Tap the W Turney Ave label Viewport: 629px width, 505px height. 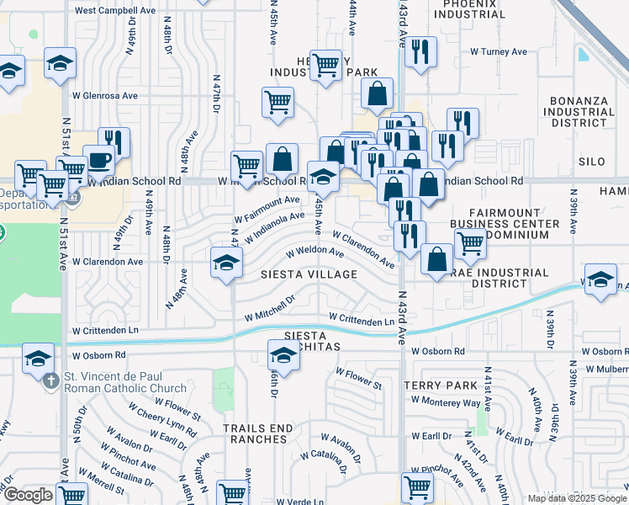(499, 52)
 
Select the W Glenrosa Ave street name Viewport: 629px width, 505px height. (105, 96)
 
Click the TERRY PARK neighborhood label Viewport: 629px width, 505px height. (441, 385)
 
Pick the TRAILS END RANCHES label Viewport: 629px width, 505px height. (258, 434)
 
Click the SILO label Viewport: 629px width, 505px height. (591, 161)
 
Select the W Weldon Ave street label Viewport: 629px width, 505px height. (315, 252)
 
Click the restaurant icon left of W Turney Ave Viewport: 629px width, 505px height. (418, 50)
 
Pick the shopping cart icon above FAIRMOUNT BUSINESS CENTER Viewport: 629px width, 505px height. (470, 242)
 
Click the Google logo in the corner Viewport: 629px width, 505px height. (29, 495)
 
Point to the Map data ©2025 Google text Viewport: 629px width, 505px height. (575, 498)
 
